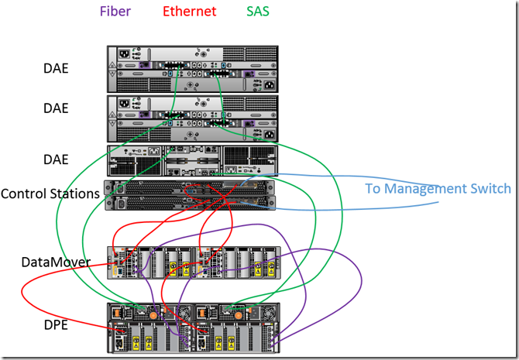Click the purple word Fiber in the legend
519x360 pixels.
click(114, 12)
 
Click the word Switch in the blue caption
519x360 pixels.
click(491, 188)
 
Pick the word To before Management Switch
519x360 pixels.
click(374, 188)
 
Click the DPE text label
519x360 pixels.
click(56, 325)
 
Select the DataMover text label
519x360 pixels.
click(55, 263)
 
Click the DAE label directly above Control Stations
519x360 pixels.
click(56, 159)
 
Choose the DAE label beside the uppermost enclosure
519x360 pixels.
click(56, 68)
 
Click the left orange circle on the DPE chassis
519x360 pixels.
click(153, 315)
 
